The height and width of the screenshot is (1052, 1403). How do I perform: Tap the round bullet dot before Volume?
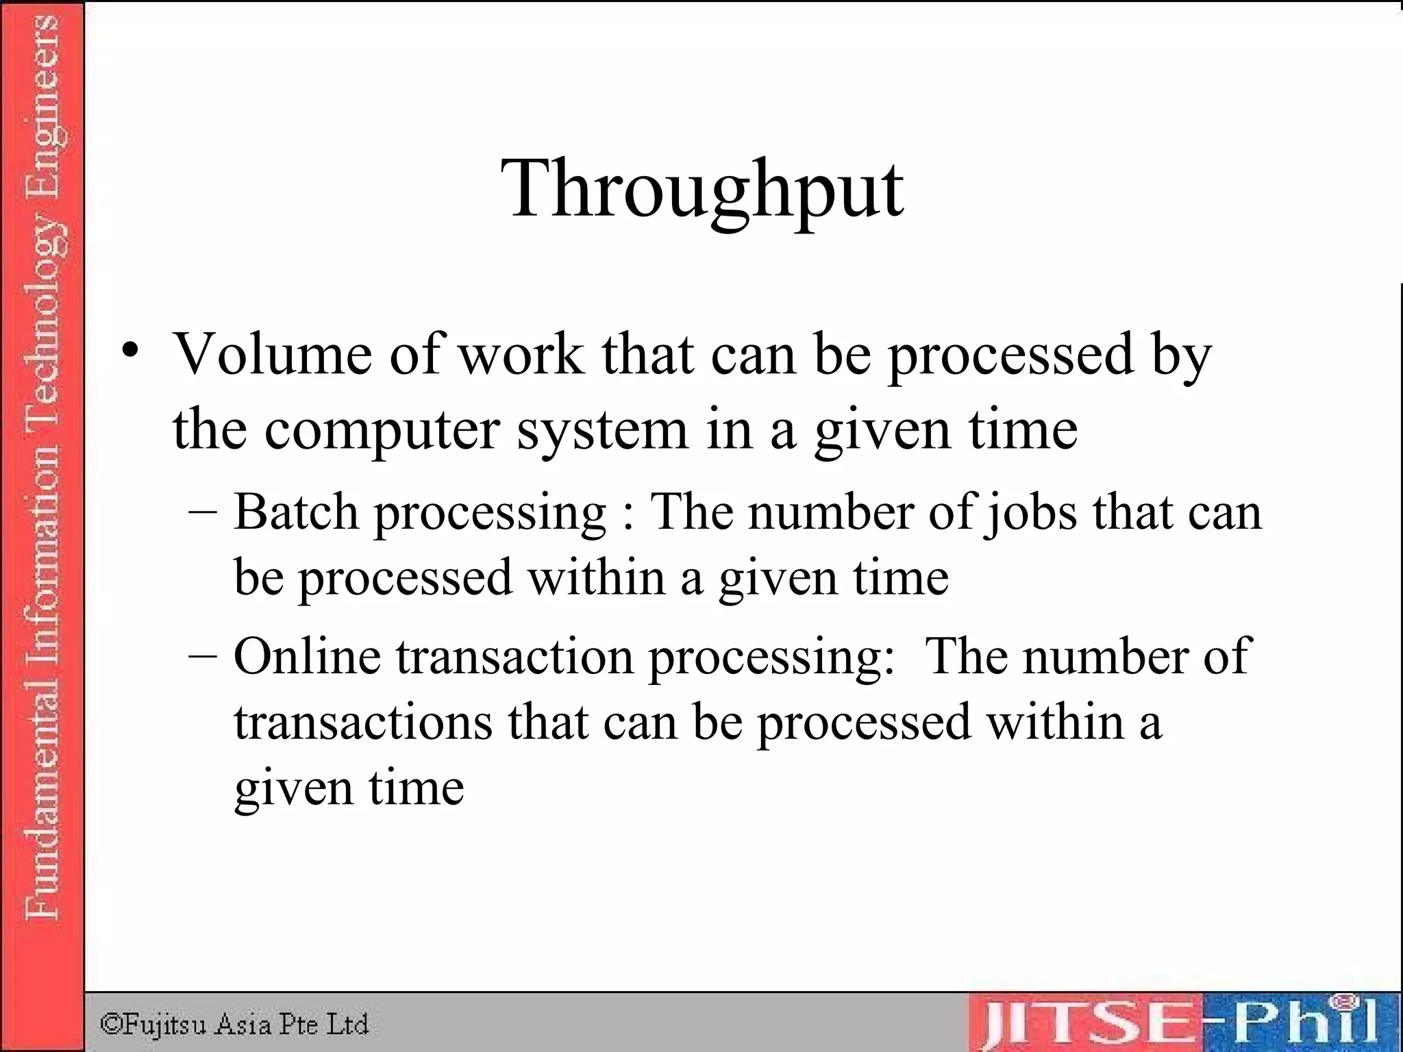click(x=130, y=351)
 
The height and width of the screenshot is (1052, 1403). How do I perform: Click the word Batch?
click(x=296, y=512)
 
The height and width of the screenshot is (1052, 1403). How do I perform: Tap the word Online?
click(x=307, y=656)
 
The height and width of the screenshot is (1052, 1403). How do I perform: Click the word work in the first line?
click(x=521, y=354)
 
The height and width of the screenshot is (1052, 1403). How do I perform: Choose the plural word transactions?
click(x=363, y=722)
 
